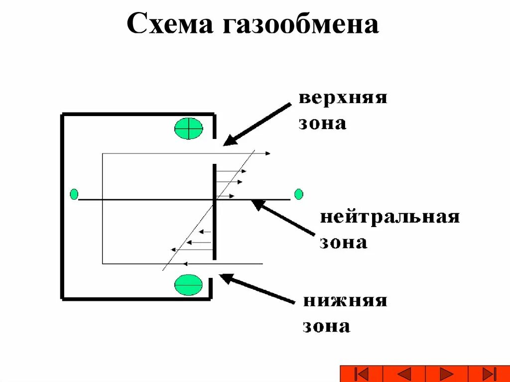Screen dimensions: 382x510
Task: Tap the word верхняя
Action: pos(343,98)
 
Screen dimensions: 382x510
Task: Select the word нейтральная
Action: pos(389,218)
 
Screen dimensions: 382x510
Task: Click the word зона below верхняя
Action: pos(322,123)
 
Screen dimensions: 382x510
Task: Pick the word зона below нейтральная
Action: pos(343,243)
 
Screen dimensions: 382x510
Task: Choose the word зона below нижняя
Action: pos(326,327)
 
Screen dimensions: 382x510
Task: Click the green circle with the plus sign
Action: pos(189,128)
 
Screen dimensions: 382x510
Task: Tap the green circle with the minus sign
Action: pos(188,284)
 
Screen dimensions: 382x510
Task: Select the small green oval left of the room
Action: pos(74,194)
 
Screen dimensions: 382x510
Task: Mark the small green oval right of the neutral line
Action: pos(298,194)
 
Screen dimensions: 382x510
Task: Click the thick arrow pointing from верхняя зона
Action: pos(256,125)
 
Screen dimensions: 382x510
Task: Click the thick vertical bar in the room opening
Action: pos(215,212)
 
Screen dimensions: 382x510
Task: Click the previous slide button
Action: pos(404,374)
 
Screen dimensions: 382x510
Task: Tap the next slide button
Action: pos(447,374)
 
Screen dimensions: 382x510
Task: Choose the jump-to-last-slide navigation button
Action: pos(489,374)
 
